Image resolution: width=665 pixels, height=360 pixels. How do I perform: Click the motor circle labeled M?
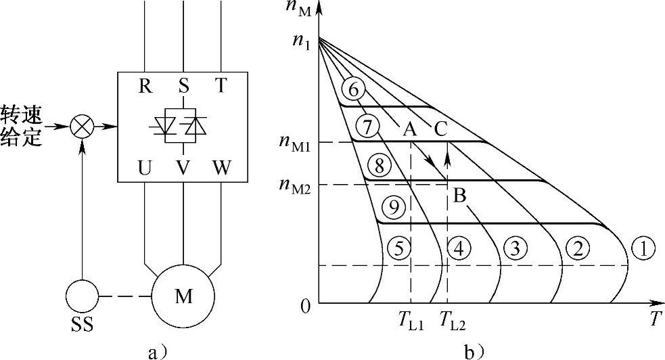coord(183,296)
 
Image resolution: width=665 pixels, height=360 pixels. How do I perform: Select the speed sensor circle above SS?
coord(83,296)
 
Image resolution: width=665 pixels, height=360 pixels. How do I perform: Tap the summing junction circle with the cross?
coord(83,127)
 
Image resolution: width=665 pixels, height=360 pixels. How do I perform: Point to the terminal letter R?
coord(144,86)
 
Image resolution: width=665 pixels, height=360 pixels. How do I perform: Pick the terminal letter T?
coord(221,86)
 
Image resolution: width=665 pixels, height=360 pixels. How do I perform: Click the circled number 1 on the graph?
coord(642,249)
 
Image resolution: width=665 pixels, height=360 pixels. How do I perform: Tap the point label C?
coord(440,129)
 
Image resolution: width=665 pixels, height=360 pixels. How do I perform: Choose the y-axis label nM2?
coord(294,185)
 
